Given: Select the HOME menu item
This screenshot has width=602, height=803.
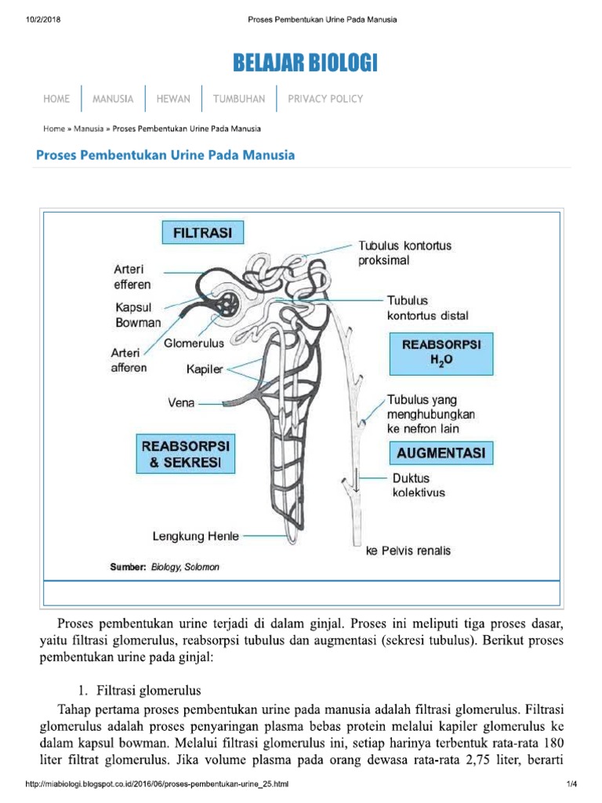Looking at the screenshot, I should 56,99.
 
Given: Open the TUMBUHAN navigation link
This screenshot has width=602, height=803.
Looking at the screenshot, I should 239,99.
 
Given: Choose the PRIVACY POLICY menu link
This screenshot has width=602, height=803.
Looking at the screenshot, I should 325,99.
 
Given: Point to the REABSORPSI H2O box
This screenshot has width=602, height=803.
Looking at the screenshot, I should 441,353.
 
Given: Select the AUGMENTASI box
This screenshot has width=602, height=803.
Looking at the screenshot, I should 441,453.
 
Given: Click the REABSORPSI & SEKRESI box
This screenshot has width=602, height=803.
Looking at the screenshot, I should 185,455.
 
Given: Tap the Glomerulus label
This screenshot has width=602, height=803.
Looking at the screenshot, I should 194,343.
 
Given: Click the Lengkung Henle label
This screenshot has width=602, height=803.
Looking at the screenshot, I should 196,537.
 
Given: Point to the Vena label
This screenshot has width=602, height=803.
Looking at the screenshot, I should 181,404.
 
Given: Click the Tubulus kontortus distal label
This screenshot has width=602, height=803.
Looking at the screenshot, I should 427,308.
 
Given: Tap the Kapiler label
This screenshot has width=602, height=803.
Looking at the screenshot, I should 205,368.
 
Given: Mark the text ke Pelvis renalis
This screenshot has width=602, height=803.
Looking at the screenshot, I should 408,550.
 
